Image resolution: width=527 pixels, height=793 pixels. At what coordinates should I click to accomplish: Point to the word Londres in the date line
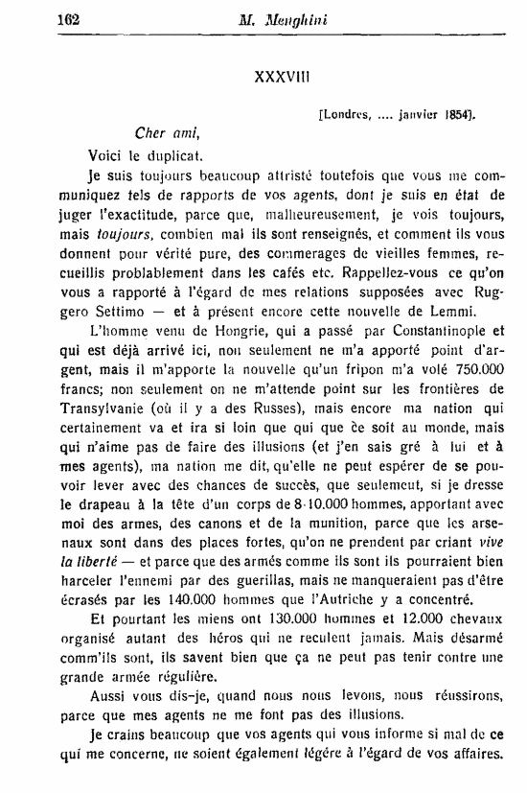(346, 115)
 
